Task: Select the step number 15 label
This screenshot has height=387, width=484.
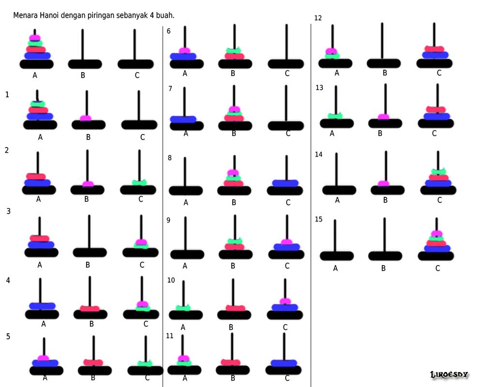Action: pyautogui.click(x=318, y=219)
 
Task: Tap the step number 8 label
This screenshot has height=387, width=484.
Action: pyautogui.click(x=170, y=157)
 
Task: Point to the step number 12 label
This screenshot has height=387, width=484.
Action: pyautogui.click(x=318, y=18)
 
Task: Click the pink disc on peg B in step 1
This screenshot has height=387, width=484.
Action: pyautogui.click(x=86, y=118)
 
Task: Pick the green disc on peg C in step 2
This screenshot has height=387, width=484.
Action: pyautogui.click(x=140, y=182)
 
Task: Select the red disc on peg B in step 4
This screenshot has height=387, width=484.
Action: pyautogui.click(x=90, y=308)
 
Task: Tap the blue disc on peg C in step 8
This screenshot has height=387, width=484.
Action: pyautogui.click(x=286, y=183)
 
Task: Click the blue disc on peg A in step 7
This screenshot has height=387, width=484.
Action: pyautogui.click(x=183, y=119)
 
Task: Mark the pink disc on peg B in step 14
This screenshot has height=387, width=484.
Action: pyautogui.click(x=383, y=183)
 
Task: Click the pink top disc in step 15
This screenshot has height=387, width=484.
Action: pyautogui.click(x=437, y=234)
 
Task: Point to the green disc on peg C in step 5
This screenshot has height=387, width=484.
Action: pyautogui.click(x=145, y=363)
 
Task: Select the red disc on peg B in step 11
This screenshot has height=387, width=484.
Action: pyautogui.click(x=231, y=362)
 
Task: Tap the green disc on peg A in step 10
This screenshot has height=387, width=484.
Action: pyautogui.click(x=183, y=308)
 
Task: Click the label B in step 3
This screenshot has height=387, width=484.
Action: pyautogui.click(x=88, y=265)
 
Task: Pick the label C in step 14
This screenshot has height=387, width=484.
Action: pyautogui.click(x=439, y=200)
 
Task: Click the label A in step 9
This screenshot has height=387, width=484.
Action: pyautogui.click(x=185, y=266)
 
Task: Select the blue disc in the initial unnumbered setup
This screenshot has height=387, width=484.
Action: pyautogui.click(x=37, y=56)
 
